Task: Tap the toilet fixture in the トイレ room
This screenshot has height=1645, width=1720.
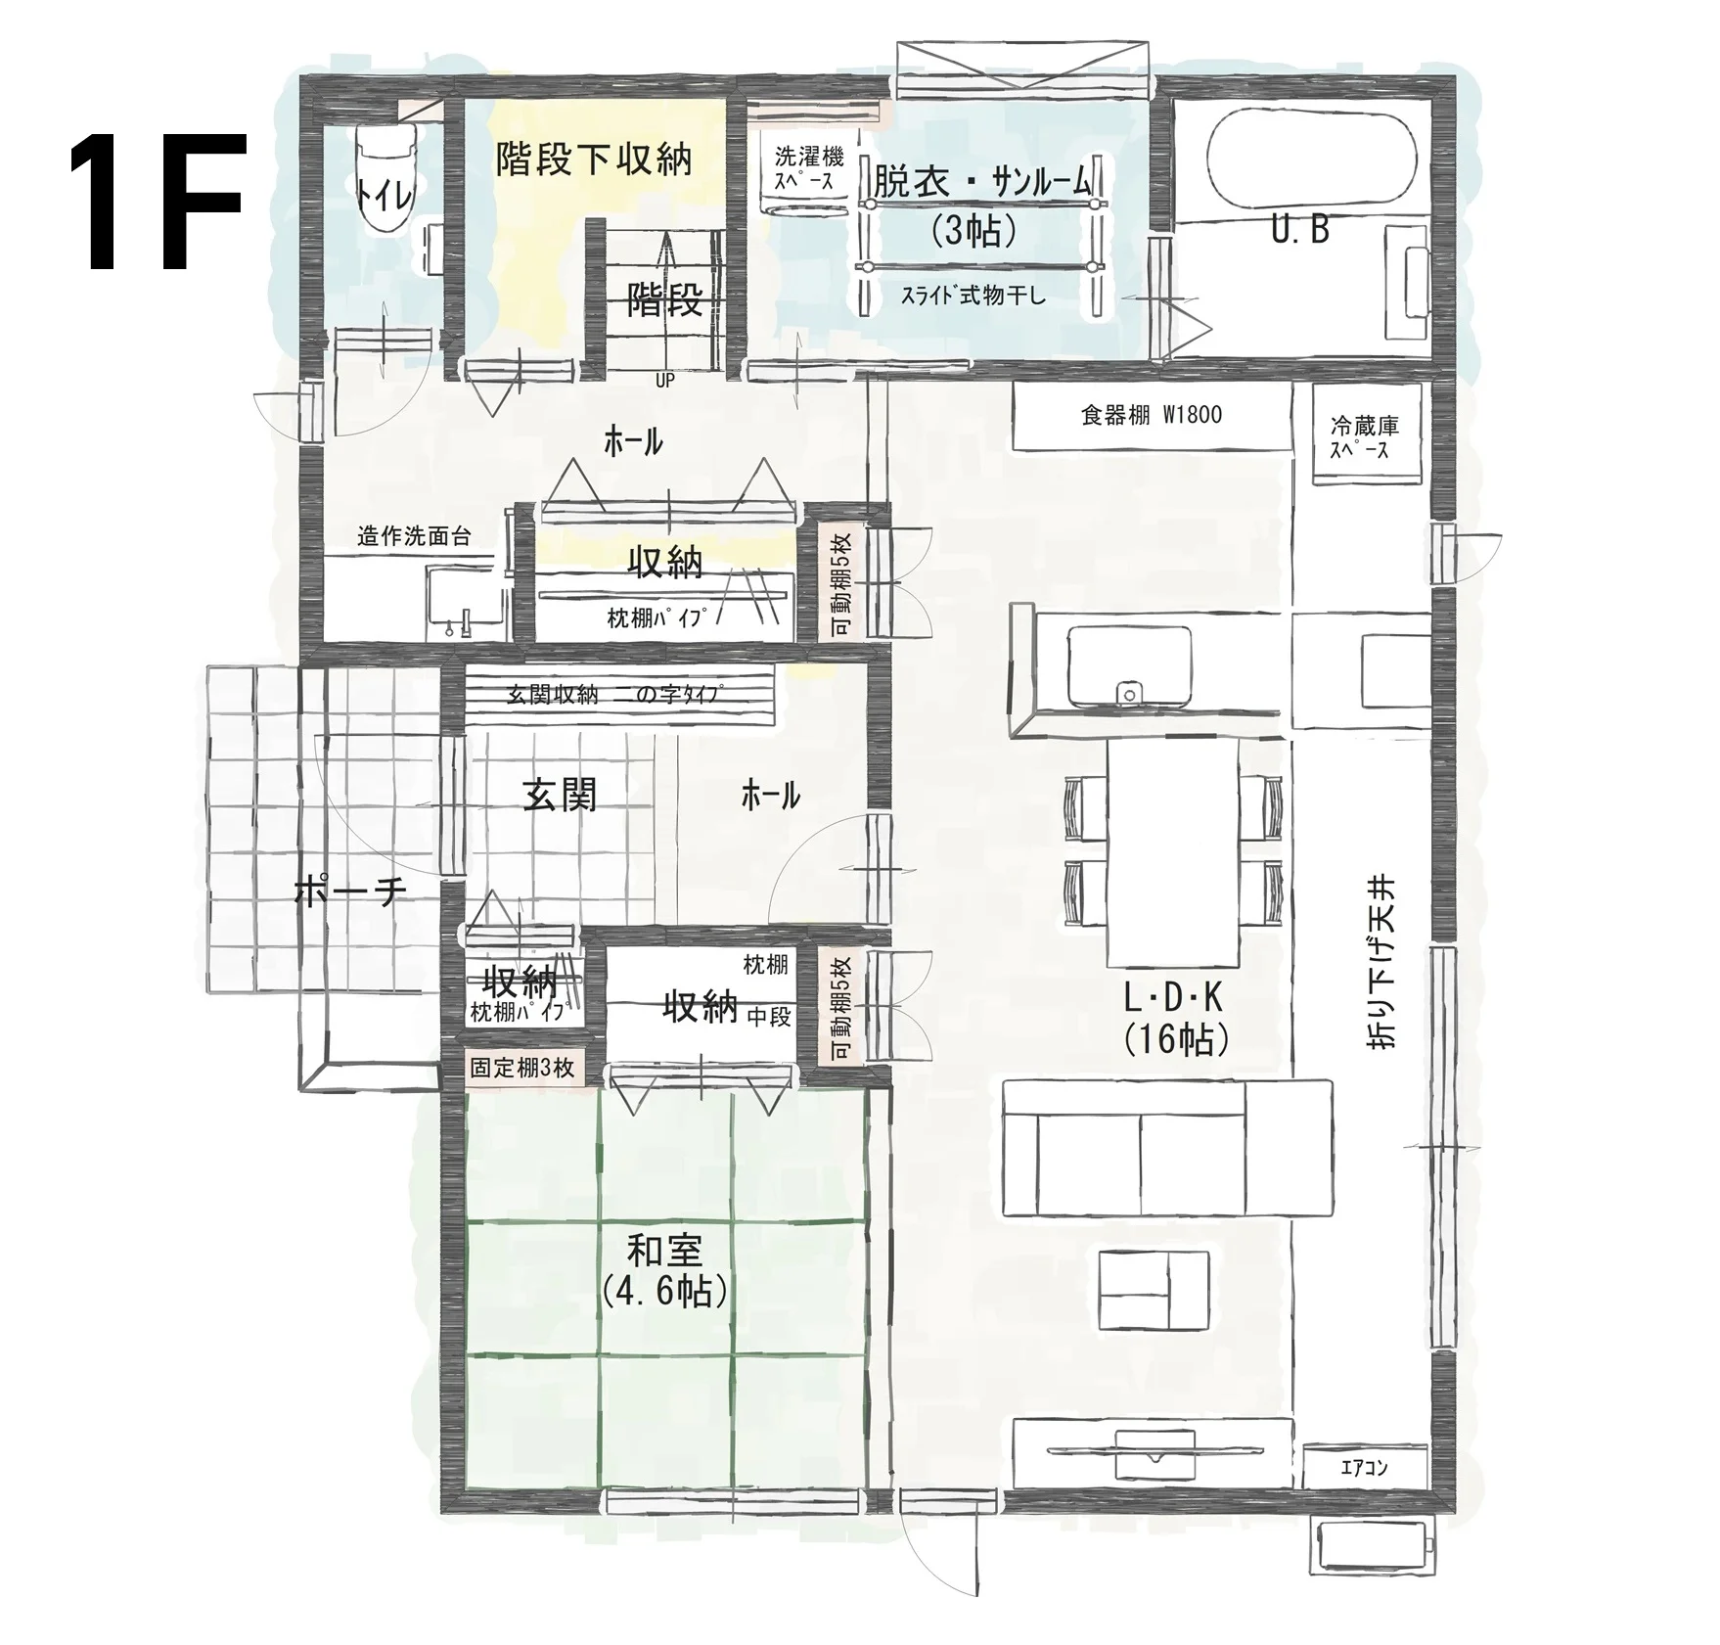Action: pos(383,179)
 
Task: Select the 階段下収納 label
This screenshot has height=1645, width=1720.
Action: pos(594,159)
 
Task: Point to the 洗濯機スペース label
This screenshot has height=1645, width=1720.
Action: pos(808,168)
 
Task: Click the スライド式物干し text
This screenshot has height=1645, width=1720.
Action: pos(973,295)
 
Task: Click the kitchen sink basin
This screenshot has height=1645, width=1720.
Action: pos(1130,664)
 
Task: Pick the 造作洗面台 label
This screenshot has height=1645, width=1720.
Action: pos(414,536)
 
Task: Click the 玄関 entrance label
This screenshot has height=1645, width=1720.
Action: pos(560,795)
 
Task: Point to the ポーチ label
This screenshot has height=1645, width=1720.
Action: pos(349,891)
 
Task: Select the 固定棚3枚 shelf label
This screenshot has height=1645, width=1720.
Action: pos(521,1067)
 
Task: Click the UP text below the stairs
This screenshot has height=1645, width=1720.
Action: pos(665,381)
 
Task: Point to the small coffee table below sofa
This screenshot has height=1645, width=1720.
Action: pos(1154,1289)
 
